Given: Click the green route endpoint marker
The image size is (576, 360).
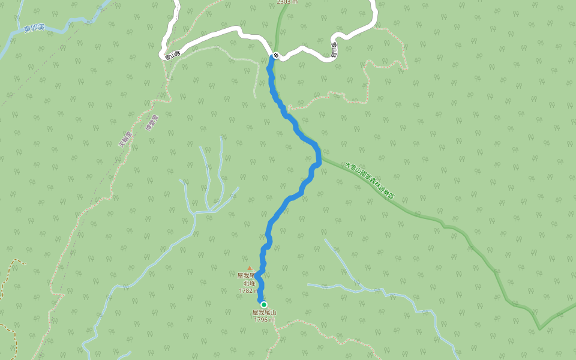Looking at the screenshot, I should tap(263, 304).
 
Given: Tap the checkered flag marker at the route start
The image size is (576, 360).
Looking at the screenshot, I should tap(275, 55).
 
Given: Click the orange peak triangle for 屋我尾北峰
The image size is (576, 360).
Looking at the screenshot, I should tap(250, 268).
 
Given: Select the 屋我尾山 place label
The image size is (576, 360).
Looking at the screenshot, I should tap(264, 313).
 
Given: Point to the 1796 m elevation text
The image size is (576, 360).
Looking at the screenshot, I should tap(264, 320).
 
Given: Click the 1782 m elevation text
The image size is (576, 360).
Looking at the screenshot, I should tap(248, 290).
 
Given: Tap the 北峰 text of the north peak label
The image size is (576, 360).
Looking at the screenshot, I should tap(249, 283).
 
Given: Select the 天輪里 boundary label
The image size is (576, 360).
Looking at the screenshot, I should tap(125, 139).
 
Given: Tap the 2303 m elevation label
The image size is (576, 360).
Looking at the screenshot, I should tap(287, 2).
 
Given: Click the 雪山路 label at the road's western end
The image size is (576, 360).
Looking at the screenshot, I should tap(173, 54).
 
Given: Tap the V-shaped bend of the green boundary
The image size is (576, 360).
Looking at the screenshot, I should tap(539, 328).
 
